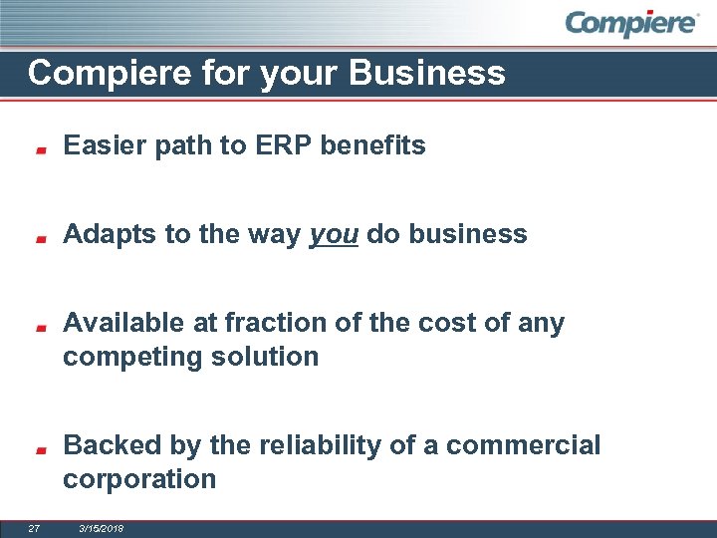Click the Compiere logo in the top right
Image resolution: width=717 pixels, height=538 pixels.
(x=631, y=24)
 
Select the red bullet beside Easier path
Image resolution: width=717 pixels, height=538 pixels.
(x=39, y=150)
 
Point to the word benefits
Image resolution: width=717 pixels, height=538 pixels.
(x=379, y=145)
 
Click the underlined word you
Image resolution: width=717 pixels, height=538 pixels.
(x=334, y=235)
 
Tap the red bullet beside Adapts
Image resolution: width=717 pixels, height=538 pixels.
(x=39, y=239)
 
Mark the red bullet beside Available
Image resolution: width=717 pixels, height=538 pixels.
(x=39, y=327)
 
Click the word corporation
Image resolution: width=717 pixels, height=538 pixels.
(x=139, y=479)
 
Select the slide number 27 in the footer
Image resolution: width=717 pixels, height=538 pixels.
(x=34, y=527)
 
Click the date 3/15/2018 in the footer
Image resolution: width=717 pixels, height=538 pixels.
(x=102, y=527)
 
